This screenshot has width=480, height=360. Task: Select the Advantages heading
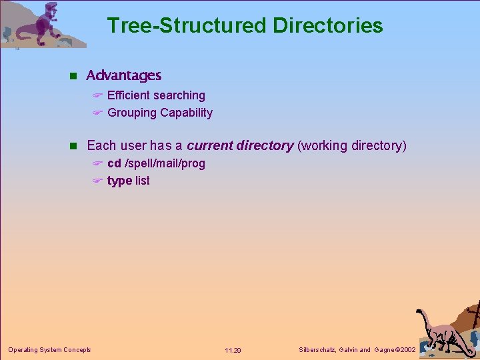point(124,75)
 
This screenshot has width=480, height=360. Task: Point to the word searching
point(179,95)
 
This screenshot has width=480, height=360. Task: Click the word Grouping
point(131,113)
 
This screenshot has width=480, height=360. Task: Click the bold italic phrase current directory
point(240,145)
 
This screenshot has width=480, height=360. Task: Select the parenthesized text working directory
point(351,145)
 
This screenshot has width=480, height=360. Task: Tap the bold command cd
point(114,163)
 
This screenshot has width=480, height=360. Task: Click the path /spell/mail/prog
point(165,163)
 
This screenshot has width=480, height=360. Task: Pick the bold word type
point(119,181)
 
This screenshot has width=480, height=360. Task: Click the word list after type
point(143,181)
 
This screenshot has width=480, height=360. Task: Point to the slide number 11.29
point(233,350)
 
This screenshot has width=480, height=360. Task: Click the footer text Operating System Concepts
point(49,349)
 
